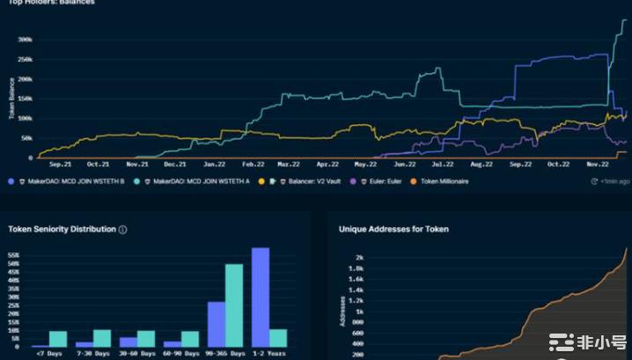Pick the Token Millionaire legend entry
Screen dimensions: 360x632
pyautogui.click(x=444, y=181)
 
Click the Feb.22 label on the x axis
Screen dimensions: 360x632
pyautogui.click(x=253, y=165)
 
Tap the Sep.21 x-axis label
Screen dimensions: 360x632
pyautogui.click(x=60, y=165)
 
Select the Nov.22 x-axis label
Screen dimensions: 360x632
pyautogui.click(x=598, y=165)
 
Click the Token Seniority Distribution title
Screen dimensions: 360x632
pyautogui.click(x=62, y=229)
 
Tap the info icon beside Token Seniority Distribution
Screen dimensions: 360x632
pyautogui.click(x=122, y=230)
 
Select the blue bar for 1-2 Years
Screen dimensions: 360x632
pyautogui.click(x=261, y=297)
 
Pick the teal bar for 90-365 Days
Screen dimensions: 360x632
pyautogui.click(x=234, y=305)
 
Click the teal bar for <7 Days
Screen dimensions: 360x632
pyautogui.click(x=58, y=339)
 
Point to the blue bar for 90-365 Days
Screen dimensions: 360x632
pyautogui.click(x=217, y=324)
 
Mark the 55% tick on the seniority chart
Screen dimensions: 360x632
pyautogui.click(x=15, y=255)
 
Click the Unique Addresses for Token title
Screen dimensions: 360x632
pyautogui.click(x=393, y=229)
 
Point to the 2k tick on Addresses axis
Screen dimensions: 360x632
pyautogui.click(x=357, y=257)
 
